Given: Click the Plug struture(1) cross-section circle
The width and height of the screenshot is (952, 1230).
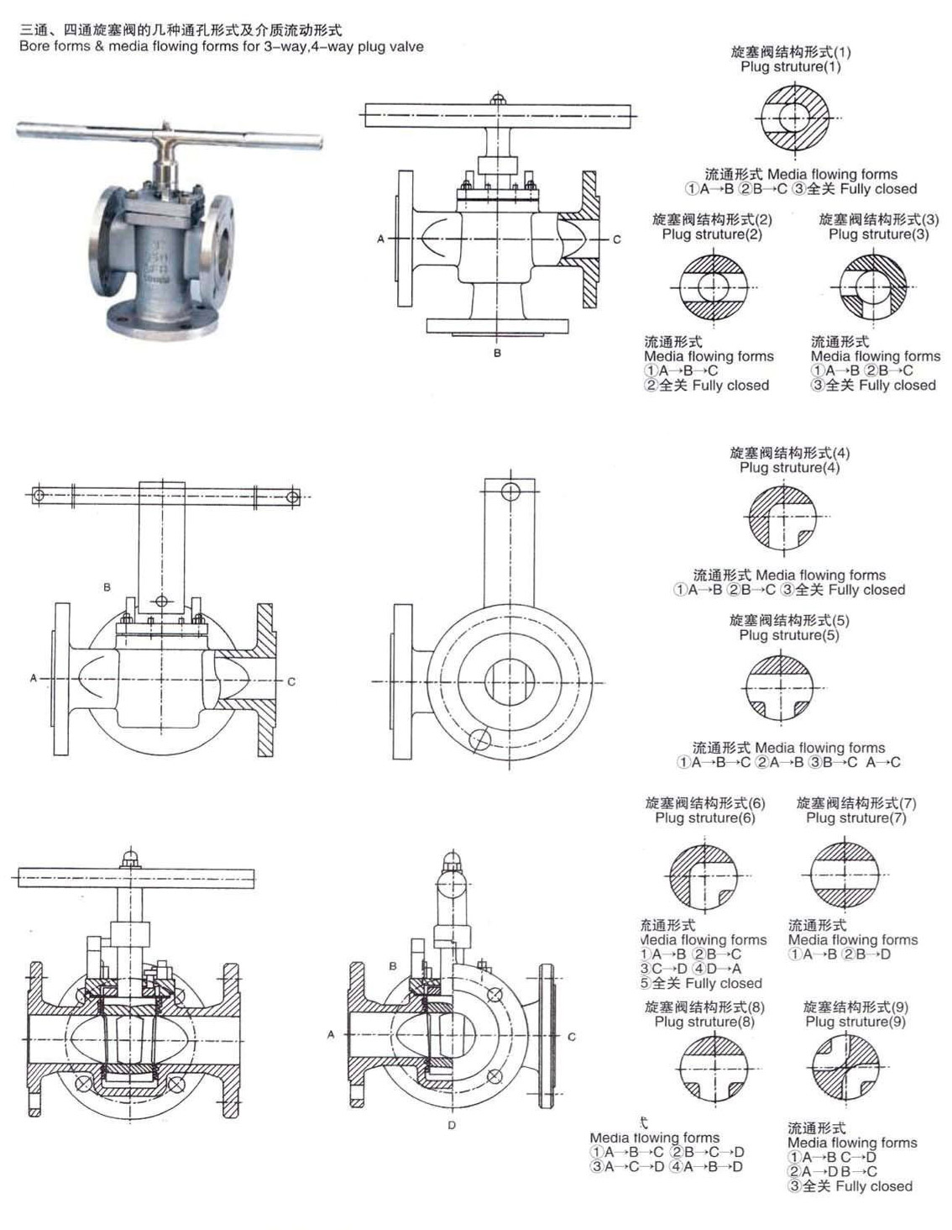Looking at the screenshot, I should pos(794,118).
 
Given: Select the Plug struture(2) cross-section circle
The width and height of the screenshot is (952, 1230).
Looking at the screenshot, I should pos(713,287).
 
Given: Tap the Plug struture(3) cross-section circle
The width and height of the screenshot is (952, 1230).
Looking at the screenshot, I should pos(874,287).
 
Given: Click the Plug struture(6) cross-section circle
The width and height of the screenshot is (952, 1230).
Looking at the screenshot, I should pos(704,875).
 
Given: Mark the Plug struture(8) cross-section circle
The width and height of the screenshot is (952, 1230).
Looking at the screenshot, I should pos(712,1068).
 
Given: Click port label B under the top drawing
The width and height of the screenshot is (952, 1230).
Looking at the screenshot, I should pos(497,354).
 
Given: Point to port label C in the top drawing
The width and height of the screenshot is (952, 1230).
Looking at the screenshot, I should pos(616,239).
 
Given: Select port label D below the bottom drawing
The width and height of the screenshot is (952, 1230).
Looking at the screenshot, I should pos(452,1125).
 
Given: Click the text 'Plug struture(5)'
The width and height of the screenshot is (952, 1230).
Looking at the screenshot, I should pos(789,635).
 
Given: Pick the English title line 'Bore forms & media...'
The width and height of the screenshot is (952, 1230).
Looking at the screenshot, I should pos(222,46).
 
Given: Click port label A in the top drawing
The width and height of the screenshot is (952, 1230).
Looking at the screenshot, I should pos(380,239).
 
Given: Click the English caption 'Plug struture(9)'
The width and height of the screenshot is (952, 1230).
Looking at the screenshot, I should pos(855,1022).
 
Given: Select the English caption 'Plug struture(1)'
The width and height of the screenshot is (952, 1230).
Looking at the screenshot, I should pos(790,66).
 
